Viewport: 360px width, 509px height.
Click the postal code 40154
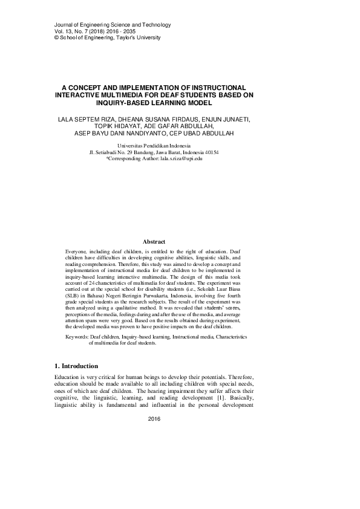(211, 152)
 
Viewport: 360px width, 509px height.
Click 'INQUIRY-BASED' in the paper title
(100, 102)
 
